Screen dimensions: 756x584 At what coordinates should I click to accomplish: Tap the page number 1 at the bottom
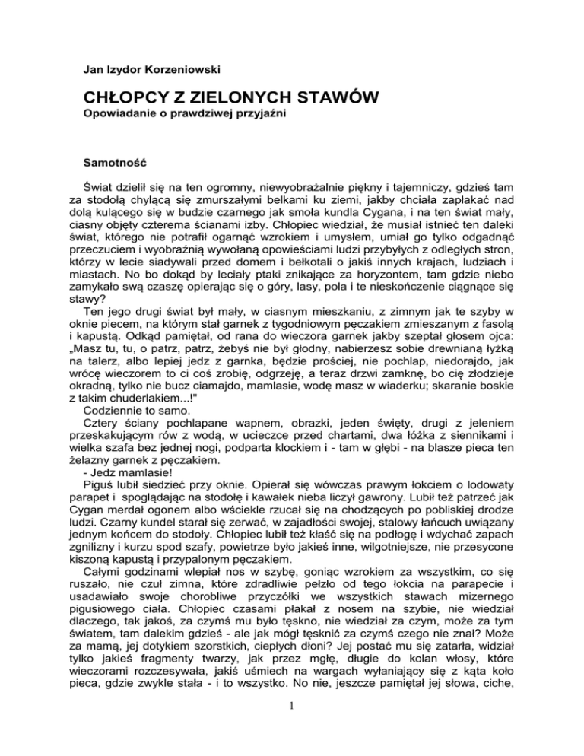pyautogui.click(x=292, y=735)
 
